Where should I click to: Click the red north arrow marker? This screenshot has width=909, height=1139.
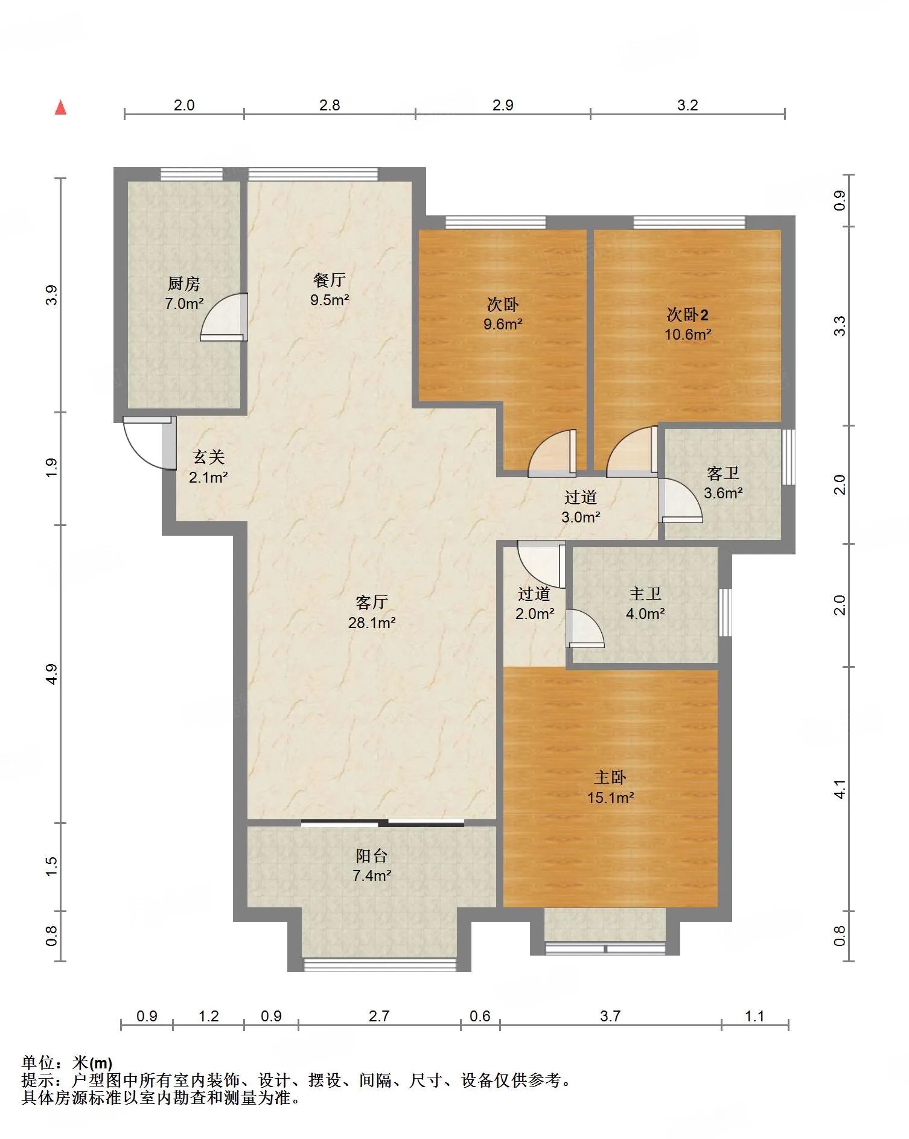tap(60, 107)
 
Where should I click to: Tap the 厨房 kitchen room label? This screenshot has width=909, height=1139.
tap(183, 283)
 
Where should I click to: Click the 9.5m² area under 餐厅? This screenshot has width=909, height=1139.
tap(330, 300)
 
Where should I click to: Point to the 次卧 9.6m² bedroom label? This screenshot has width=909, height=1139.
tap(502, 314)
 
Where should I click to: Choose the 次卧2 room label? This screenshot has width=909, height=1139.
tap(687, 314)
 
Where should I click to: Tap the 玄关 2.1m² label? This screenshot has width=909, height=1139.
tap(208, 467)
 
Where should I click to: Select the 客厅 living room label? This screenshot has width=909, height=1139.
tap(371, 602)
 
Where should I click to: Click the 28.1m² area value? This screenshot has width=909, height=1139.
tap(372, 623)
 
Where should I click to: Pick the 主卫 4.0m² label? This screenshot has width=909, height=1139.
tap(645, 603)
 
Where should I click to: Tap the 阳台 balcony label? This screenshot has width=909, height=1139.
tap(371, 855)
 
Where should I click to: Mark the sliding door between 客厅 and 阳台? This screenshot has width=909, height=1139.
tap(383, 822)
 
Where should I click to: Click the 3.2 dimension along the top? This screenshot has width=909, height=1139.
tap(687, 106)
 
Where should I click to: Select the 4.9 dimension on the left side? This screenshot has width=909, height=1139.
tap(52, 674)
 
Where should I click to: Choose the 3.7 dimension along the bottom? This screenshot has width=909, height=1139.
tap(610, 1017)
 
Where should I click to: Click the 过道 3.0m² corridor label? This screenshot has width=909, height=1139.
tap(581, 507)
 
